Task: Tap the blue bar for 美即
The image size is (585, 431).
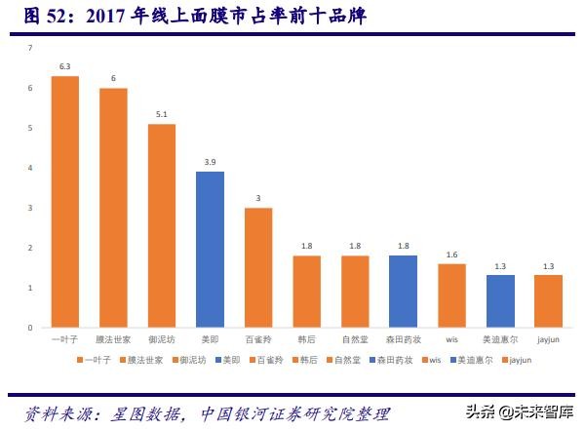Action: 210,250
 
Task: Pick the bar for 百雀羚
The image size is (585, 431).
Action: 258,267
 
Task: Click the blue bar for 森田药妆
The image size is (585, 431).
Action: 404,292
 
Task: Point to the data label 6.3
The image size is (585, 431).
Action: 65,66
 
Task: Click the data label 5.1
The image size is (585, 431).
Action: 162,114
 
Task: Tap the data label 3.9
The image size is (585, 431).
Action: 210,162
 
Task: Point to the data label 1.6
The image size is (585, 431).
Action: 451,254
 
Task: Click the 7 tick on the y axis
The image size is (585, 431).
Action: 30,48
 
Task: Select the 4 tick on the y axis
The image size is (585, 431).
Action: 30,168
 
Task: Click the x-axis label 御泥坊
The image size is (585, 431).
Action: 162,339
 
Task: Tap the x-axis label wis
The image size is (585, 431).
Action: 451,339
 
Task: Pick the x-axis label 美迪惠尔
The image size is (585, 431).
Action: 500,339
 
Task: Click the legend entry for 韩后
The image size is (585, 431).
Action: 308,360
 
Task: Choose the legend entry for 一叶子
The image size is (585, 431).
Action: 95,360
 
